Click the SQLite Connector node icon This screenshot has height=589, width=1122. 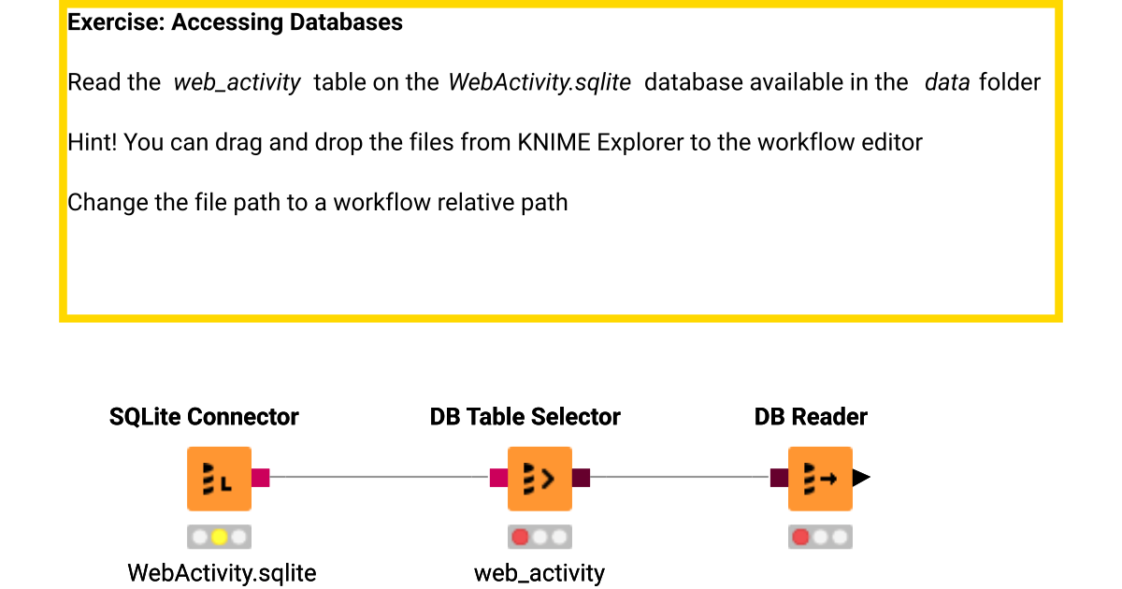pyautogui.click(x=219, y=479)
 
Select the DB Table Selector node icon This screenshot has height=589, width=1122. pyautogui.click(x=539, y=479)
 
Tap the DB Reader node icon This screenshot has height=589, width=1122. pyautogui.click(x=820, y=479)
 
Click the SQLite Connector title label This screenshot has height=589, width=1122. pyautogui.click(x=204, y=417)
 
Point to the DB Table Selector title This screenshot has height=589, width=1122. pyautogui.click(x=525, y=417)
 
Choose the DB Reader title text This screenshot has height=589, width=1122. pyautogui.click(x=811, y=417)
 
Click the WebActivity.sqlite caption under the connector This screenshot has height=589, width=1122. pyautogui.click(x=222, y=572)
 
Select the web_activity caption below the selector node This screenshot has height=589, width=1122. pyautogui.click(x=539, y=572)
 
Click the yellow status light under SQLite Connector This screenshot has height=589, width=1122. pyautogui.click(x=219, y=538)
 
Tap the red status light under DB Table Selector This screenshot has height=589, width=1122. pyautogui.click(x=521, y=538)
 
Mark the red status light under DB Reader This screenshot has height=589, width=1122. pyautogui.click(x=801, y=538)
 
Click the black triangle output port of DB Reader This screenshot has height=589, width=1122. pyautogui.click(x=861, y=478)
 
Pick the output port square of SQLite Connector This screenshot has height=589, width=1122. pyautogui.click(x=261, y=478)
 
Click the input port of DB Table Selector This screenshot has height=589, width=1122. pyautogui.click(x=498, y=478)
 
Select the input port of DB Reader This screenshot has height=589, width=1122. pyautogui.click(x=779, y=478)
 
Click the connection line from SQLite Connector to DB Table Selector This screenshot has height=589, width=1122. pyautogui.click(x=379, y=477)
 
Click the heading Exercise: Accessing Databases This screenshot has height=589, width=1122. pyautogui.click(x=235, y=22)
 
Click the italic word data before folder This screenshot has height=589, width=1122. pyautogui.click(x=947, y=82)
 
